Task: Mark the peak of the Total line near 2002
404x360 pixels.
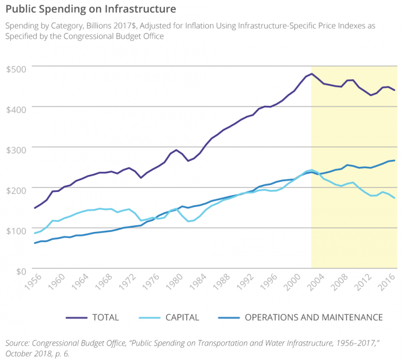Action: coord(312,74)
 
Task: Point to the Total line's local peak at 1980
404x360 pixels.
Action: coord(176,150)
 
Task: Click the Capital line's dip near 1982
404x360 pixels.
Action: coord(188,221)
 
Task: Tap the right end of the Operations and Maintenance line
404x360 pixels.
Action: coord(394,161)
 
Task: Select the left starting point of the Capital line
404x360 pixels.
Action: coord(35,233)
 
